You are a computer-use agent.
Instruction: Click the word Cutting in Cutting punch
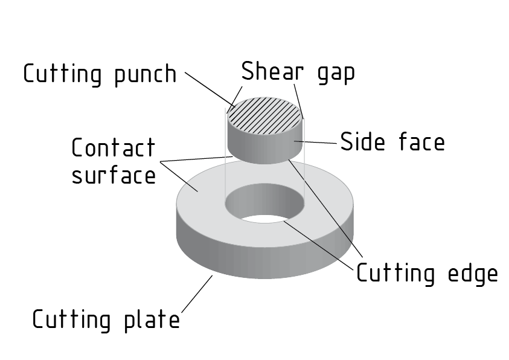coord(62,74)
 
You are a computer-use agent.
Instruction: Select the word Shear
coord(269,71)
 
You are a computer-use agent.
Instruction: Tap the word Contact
coord(113,148)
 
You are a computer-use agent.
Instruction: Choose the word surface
coord(113,176)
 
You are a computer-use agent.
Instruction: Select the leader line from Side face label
coord(318,143)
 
